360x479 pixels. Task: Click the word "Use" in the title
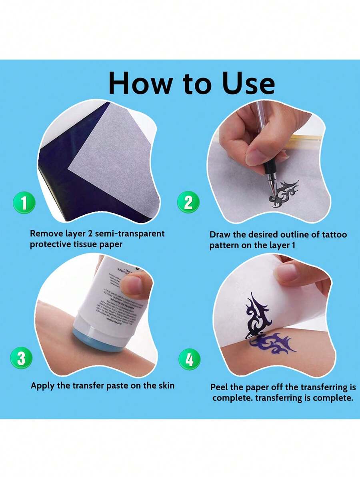click(248, 83)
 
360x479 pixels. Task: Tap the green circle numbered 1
click(24, 203)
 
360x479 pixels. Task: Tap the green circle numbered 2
click(188, 203)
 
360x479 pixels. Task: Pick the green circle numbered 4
click(189, 359)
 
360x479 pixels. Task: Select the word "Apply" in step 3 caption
click(43, 386)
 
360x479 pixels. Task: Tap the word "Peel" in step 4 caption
click(221, 387)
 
